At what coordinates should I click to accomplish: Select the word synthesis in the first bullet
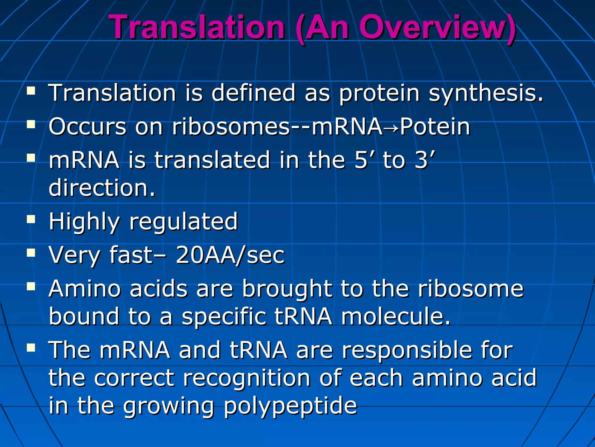pos(486,93)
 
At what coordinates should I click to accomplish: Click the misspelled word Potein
pos(435,127)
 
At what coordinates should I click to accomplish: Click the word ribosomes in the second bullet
pos(231,127)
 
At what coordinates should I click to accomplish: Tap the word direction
pos(102,188)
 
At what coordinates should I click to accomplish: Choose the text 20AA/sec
pos(230,255)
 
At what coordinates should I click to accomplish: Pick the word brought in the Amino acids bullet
pos(287,289)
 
